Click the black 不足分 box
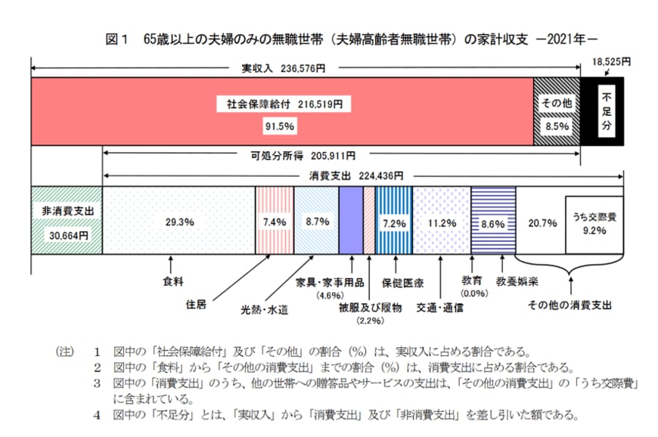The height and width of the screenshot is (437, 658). click(606, 113)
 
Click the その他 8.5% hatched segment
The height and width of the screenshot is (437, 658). click(557, 113)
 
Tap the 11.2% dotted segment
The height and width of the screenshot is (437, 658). click(441, 223)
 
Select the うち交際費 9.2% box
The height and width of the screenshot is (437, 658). click(594, 224)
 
